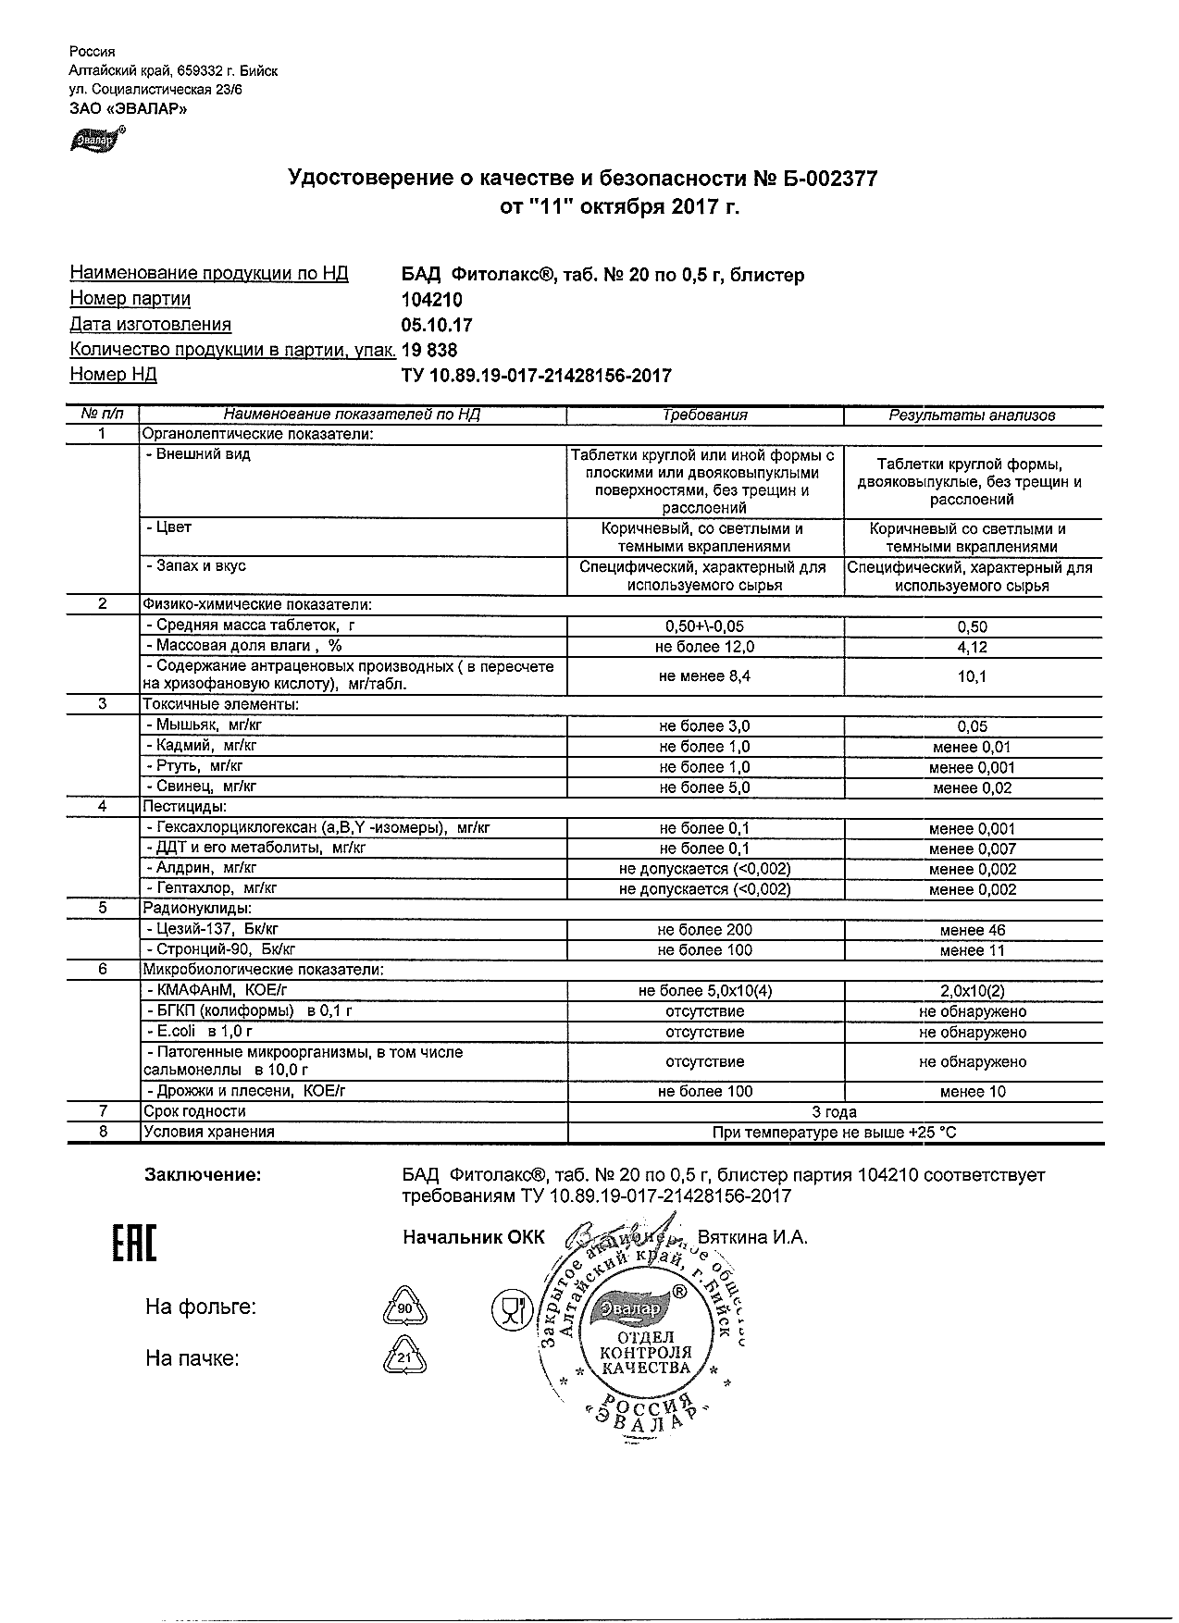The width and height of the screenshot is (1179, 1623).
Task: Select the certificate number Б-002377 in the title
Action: pyautogui.click(x=816, y=179)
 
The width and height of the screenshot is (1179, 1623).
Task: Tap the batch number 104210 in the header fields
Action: pyautogui.click(x=431, y=300)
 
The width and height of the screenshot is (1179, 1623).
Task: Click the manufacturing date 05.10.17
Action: pyautogui.click(x=437, y=325)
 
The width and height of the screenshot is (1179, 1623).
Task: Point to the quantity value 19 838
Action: pyautogui.click(x=429, y=351)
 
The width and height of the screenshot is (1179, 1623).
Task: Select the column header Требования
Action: pyautogui.click(x=705, y=415)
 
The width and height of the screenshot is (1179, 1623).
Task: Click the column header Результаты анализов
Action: pyautogui.click(x=972, y=415)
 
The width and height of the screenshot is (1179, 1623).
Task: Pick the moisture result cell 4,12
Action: pyautogui.click(x=972, y=648)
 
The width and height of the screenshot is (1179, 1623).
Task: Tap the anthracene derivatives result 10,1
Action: pyautogui.click(x=972, y=676)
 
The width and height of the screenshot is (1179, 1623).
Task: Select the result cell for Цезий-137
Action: pyautogui.click(x=972, y=930)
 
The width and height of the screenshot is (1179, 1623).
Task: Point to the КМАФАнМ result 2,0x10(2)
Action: pyautogui.click(x=972, y=991)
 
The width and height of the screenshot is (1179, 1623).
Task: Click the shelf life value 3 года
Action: pyautogui.click(x=835, y=1112)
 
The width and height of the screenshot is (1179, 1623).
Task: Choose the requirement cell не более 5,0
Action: pyautogui.click(x=705, y=788)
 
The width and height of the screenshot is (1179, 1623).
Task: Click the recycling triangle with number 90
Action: pyautogui.click(x=404, y=1308)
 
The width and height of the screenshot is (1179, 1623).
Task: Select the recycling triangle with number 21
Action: pyautogui.click(x=404, y=1358)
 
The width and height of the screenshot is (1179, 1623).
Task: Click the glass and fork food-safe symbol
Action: pyautogui.click(x=509, y=1308)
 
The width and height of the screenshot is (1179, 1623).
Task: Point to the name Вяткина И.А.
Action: pyautogui.click(x=752, y=1237)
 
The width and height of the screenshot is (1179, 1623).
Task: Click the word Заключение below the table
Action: pyautogui.click(x=203, y=1175)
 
